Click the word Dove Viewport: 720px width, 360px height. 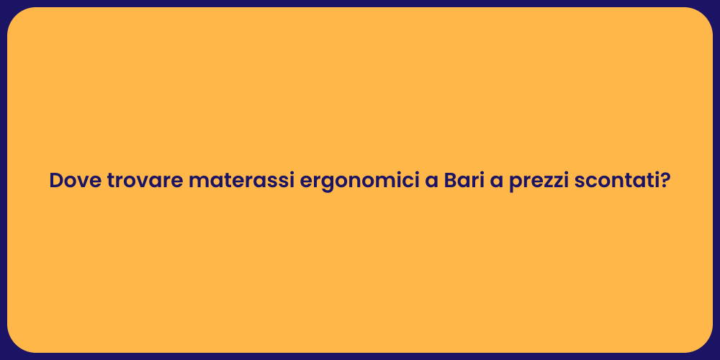[x=76, y=181]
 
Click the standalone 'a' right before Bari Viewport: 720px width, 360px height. [x=431, y=182]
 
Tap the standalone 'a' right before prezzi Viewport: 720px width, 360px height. [x=496, y=182]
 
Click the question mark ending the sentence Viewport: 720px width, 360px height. [x=665, y=181]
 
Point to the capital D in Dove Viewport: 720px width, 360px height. [x=57, y=181]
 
